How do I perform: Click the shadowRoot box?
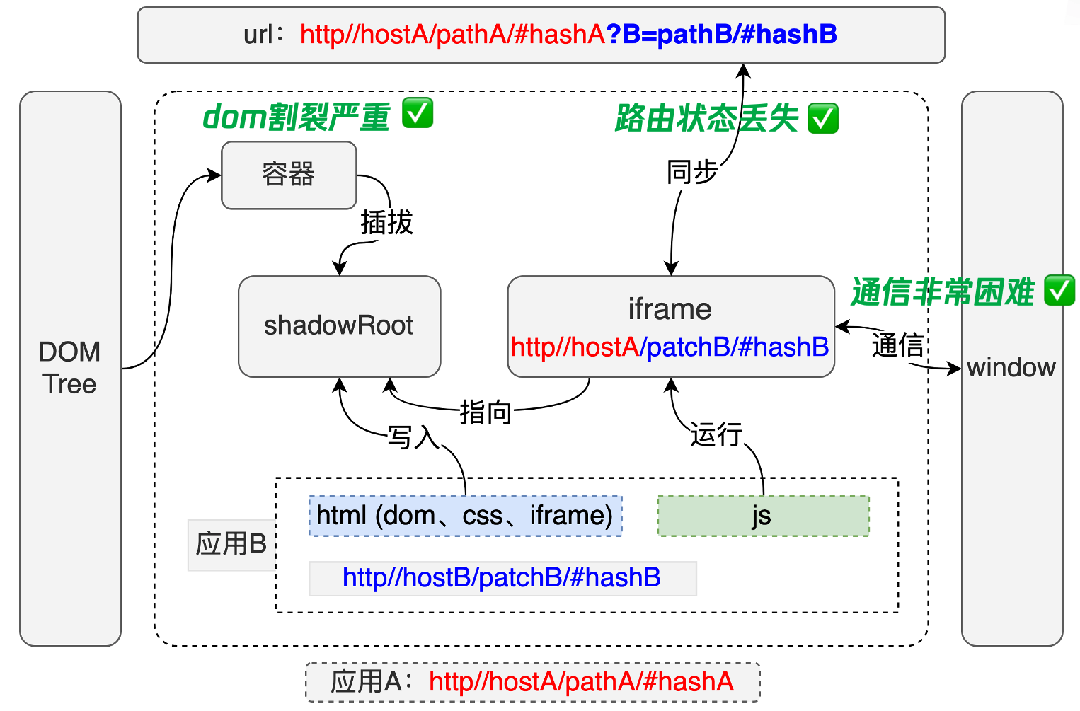coord(339,326)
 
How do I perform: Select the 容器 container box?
coord(289,175)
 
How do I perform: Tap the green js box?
coord(763,516)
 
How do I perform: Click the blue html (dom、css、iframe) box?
coord(465,516)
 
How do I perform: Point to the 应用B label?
coord(231,544)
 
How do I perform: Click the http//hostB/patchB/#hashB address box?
coord(502,578)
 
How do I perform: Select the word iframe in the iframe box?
coord(670,309)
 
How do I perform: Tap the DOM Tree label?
coord(69,368)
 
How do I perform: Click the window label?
coord(1011,368)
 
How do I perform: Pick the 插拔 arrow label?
coord(386,223)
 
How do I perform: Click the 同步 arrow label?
coord(692,172)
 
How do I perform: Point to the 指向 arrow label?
coord(486,412)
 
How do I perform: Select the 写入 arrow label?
coord(413,437)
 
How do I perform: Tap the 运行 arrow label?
coord(716,434)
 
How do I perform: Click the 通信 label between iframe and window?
coord(897,345)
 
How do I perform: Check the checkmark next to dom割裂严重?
coord(418,113)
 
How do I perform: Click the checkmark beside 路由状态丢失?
coord(823,118)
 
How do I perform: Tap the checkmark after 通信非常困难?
coord(1059,291)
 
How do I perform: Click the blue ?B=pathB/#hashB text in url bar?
coord(721,35)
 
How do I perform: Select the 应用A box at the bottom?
coord(532,682)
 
